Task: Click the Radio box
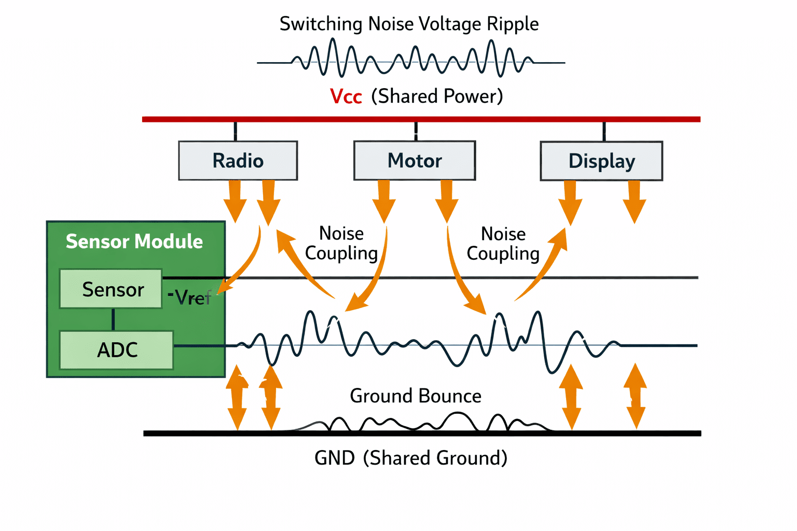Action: pos(238,160)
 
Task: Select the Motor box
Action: pos(415,160)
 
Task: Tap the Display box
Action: pos(601,161)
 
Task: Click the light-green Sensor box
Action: pos(111,288)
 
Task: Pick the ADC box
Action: pos(116,350)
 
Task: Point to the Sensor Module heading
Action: pos(134,241)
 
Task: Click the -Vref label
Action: pos(189,297)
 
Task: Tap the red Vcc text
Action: pos(346,96)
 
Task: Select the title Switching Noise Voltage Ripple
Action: pos(409,24)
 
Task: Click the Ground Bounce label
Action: pos(416,396)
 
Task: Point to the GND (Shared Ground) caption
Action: pos(411,458)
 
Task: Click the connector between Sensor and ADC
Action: pos(113,319)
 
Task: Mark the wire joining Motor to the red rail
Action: pos(416,131)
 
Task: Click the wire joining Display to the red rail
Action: pos(604,132)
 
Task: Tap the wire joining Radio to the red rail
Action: pos(235,131)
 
